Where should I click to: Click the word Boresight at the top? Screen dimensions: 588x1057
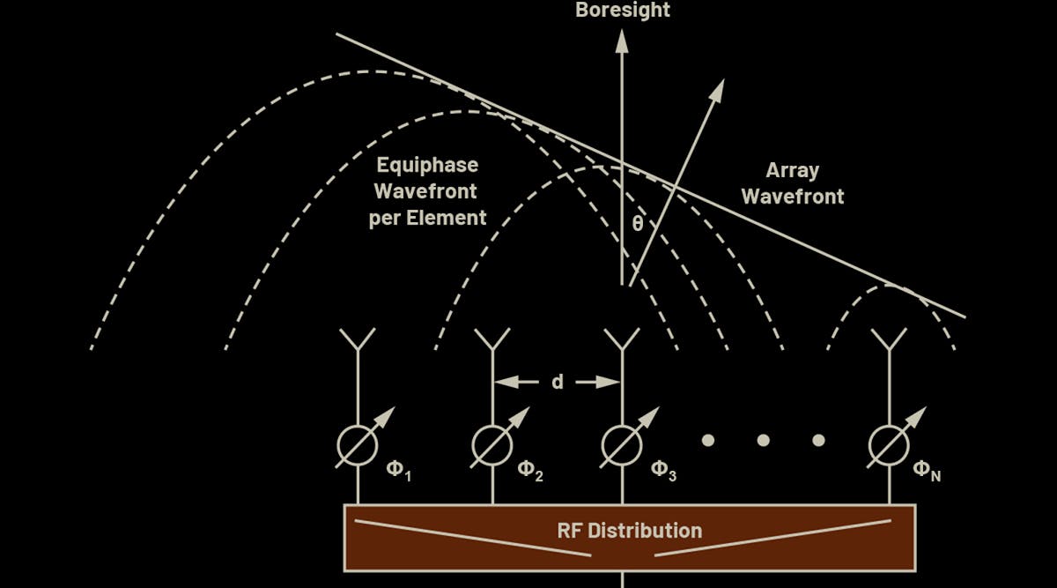click(x=623, y=11)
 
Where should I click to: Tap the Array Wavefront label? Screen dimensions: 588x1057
click(x=792, y=183)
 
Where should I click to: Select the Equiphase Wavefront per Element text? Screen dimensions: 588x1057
click(x=427, y=191)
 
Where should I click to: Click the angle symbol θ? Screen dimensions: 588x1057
click(x=637, y=224)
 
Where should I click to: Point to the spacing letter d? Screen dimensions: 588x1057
click(x=558, y=382)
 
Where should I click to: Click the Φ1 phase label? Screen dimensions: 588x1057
click(x=399, y=470)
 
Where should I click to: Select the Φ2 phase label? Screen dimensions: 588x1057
click(x=529, y=470)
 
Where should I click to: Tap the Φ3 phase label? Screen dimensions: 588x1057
click(x=663, y=470)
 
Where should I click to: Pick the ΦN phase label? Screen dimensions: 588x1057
click(x=927, y=470)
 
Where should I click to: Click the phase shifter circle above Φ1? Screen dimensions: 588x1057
click(x=358, y=445)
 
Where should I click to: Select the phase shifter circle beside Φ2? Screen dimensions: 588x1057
click(x=492, y=445)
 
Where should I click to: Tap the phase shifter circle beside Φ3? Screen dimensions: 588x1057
click(x=623, y=445)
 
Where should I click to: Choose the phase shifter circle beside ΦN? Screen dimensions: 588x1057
click(x=889, y=445)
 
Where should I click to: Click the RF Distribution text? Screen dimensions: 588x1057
click(x=630, y=531)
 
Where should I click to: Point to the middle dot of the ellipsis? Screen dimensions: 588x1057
click(x=763, y=440)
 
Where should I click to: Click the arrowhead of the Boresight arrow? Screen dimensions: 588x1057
click(x=623, y=39)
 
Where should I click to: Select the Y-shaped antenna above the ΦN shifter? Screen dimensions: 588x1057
click(x=889, y=339)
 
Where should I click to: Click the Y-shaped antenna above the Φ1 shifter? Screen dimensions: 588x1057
click(x=358, y=339)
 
